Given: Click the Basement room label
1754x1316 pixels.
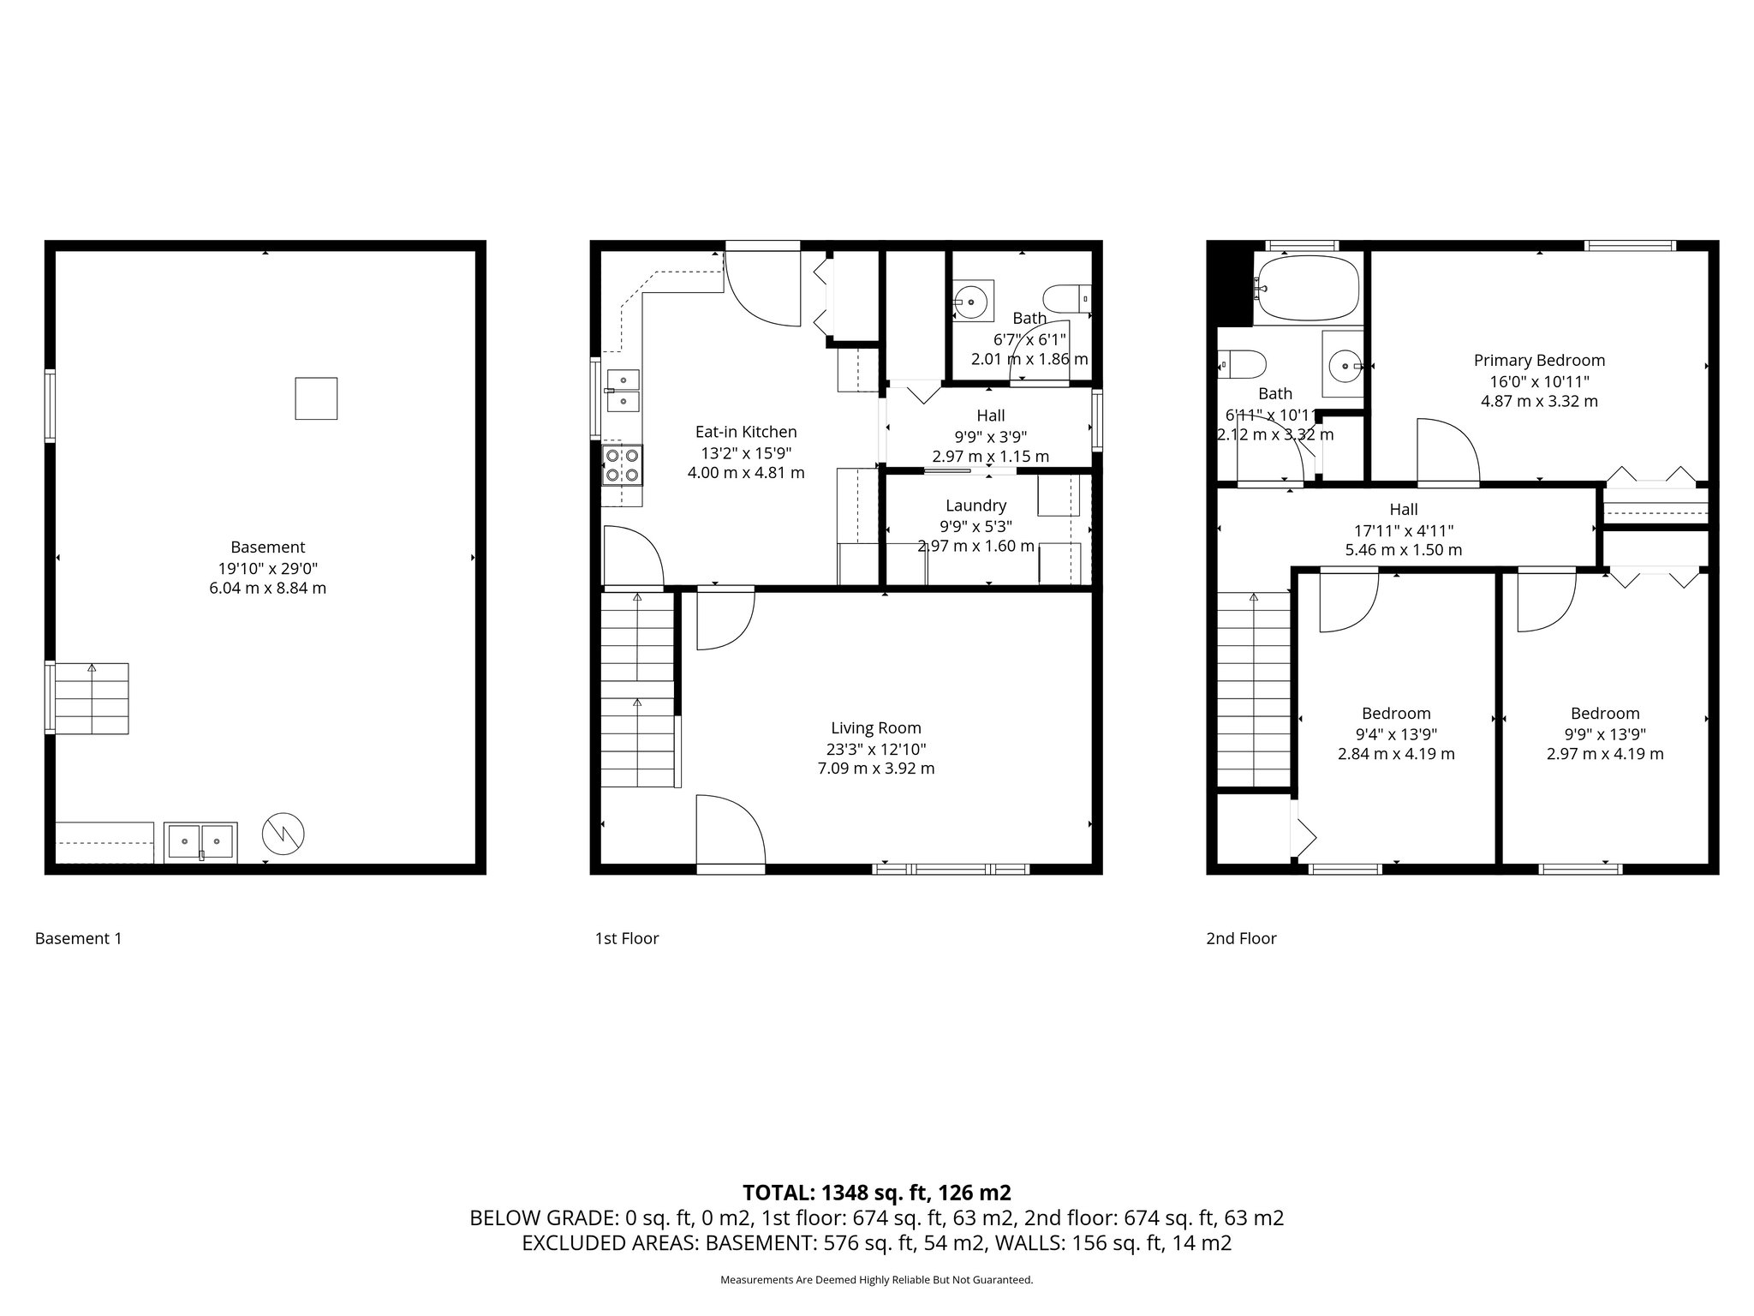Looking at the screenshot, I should coord(267,547).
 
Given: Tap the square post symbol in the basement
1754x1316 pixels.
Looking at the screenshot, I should coord(316,398).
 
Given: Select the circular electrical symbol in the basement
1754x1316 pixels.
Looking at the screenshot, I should coord(283,833).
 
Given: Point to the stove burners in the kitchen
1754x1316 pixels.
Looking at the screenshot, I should coord(622,465).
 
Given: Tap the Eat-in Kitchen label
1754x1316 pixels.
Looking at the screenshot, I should coord(745,432).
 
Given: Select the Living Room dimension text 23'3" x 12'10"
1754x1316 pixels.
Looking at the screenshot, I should coord(875,748).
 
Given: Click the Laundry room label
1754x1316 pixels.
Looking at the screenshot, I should coord(975,505).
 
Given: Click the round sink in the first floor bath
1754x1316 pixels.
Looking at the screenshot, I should coord(973,301).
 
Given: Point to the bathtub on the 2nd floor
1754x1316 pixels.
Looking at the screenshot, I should coord(1307,289).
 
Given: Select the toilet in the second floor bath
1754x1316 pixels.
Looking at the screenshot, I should coord(1242,364).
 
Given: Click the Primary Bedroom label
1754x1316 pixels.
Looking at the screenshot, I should coord(1539,361).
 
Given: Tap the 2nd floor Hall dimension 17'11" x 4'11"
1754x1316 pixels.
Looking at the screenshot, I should coord(1404,530).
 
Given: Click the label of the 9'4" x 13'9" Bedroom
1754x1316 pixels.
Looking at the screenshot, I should coord(1396,713).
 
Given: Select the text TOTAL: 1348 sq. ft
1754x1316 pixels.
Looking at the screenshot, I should coord(876,1192).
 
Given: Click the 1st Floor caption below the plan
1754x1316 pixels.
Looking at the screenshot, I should coord(627,938).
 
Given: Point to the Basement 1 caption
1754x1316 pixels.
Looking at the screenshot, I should coord(78,938).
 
